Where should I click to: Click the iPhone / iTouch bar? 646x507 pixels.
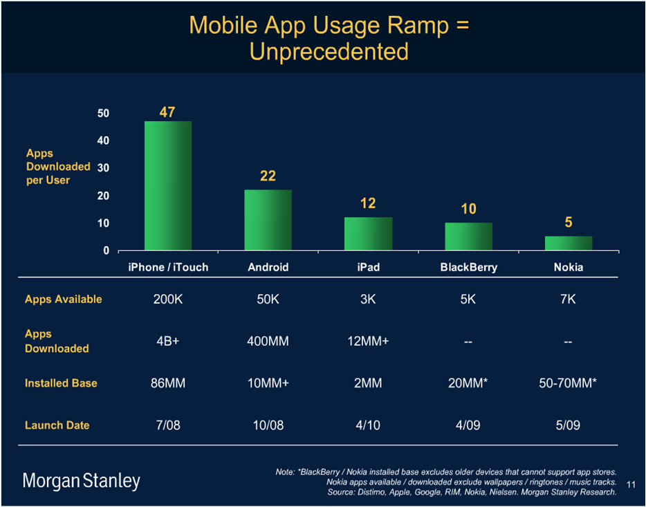coord(168,185)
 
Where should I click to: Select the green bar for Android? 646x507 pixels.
coord(268,220)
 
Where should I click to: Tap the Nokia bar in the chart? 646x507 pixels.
coord(569,243)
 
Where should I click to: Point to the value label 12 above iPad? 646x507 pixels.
coord(368,203)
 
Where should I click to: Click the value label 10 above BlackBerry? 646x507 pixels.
coord(468,209)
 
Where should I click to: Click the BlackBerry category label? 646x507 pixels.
coord(468,267)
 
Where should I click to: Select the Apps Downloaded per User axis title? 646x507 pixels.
coord(58,167)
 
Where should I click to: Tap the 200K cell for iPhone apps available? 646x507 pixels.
coord(168,299)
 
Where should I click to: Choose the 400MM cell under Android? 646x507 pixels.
coord(268,341)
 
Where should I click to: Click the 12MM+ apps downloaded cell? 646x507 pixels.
coord(368,341)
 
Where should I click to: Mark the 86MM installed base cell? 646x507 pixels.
coord(168,382)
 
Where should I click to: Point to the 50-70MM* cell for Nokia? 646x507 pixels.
coord(568,382)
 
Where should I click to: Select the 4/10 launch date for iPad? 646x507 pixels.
coord(368,425)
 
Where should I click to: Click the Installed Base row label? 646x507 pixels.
coord(61,382)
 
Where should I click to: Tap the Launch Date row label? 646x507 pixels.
coord(57,425)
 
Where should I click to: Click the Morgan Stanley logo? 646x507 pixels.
coord(82,481)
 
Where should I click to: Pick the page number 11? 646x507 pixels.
coord(630,483)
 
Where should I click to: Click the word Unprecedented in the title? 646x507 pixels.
coord(329,51)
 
